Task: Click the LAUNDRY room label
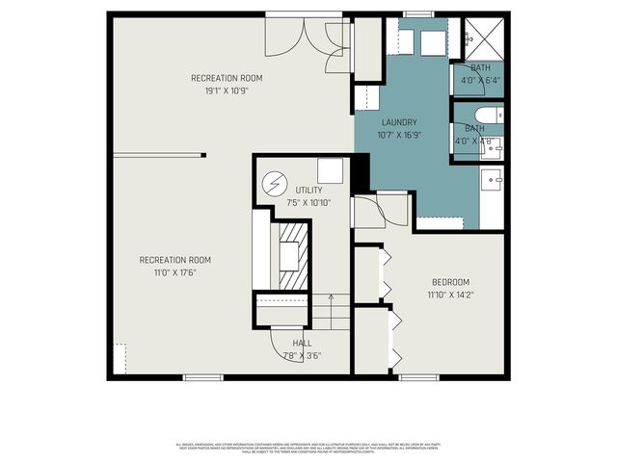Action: [399, 122]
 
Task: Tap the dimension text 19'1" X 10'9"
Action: [227, 91]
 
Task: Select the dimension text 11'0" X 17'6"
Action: [174, 273]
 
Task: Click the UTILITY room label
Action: [308, 190]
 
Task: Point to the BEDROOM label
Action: [449, 282]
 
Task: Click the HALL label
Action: [302, 343]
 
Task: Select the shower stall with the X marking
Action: [481, 39]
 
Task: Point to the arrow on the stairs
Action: [330, 299]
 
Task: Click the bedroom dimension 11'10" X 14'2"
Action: [449, 295]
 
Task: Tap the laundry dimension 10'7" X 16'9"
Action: [399, 136]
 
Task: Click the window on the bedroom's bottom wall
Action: [420, 376]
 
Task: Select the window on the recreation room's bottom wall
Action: [203, 376]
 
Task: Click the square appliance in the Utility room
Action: [331, 170]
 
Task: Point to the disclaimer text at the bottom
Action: [308, 447]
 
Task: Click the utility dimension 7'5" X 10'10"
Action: [308, 203]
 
